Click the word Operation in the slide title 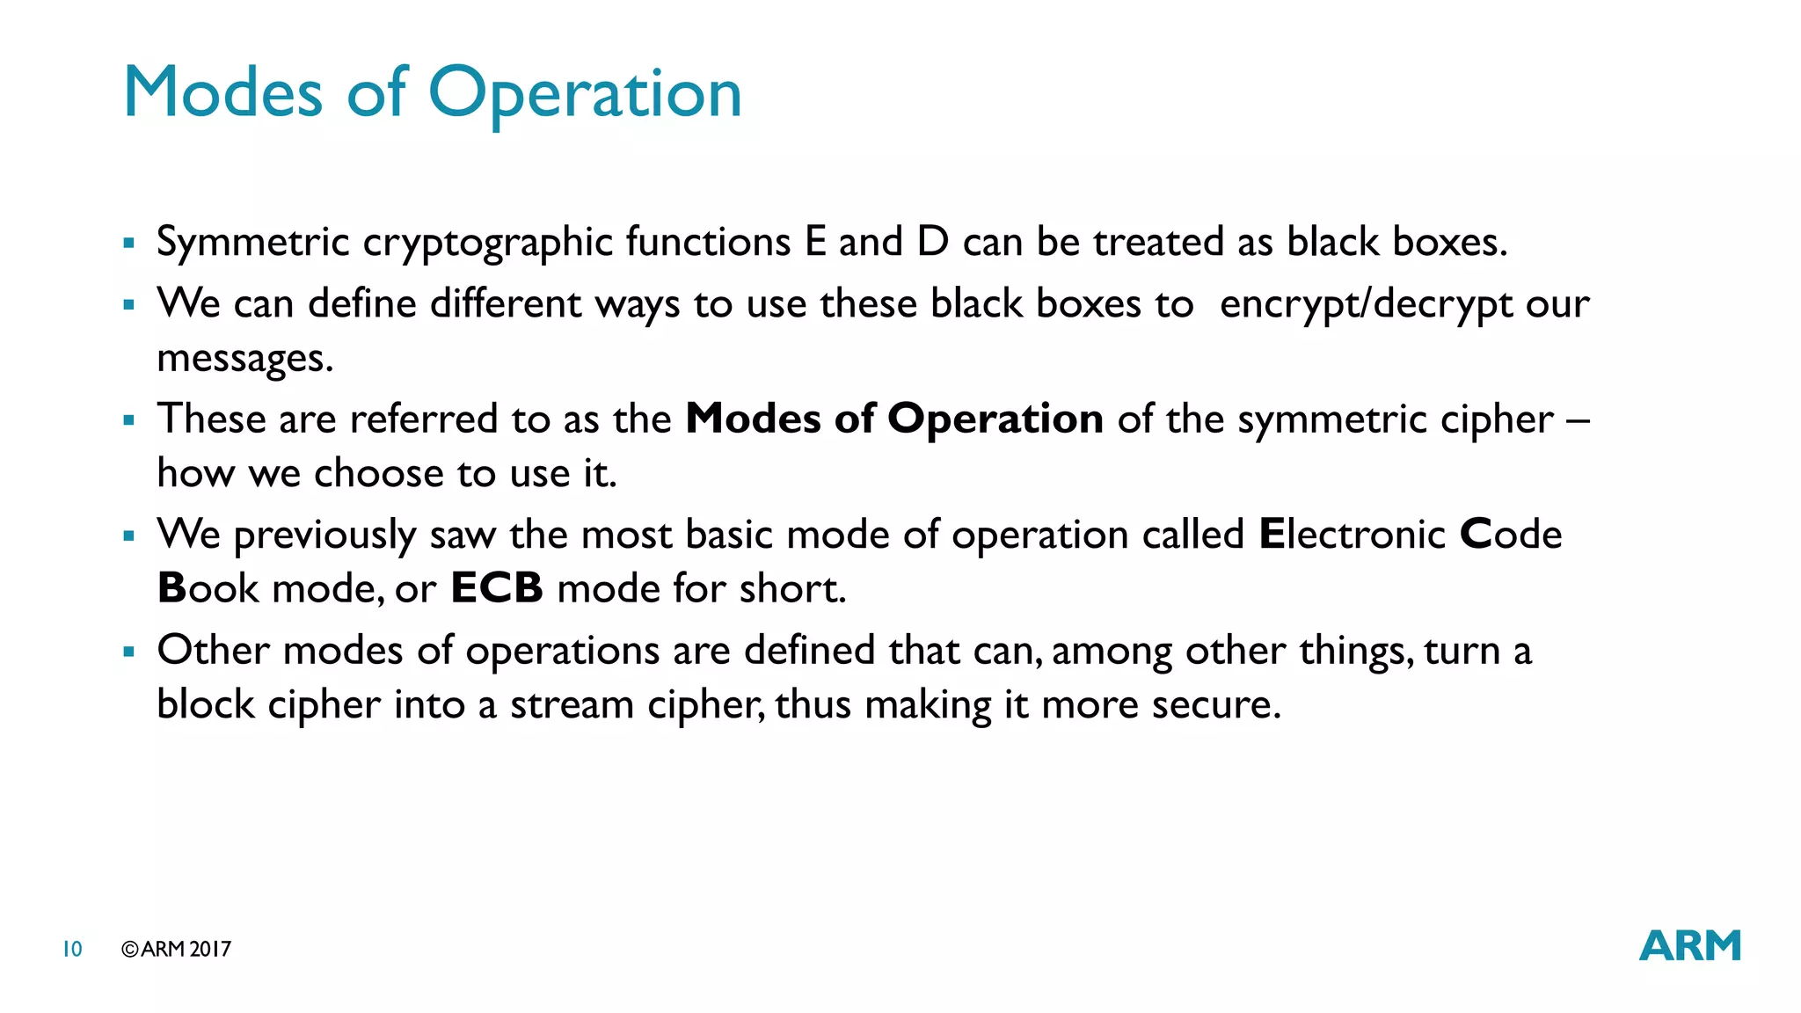click(585, 93)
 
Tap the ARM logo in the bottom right click(1689, 946)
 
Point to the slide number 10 click(72, 949)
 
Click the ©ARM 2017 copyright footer click(177, 949)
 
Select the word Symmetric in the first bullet click(253, 243)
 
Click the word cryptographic click(487, 243)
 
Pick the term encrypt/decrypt click(1366, 305)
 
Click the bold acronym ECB click(497, 588)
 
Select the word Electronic click(1352, 534)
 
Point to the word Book click(208, 588)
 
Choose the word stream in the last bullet click(572, 704)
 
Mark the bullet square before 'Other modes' click(129, 652)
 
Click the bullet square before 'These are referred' click(129, 419)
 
